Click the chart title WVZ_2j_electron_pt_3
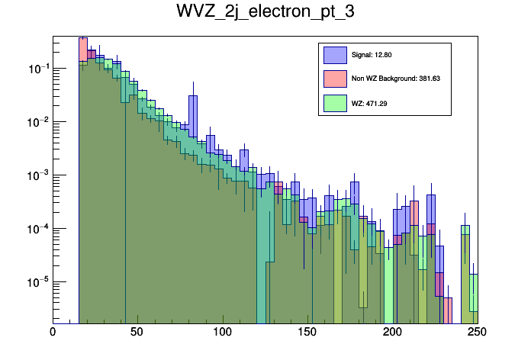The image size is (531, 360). [265, 13]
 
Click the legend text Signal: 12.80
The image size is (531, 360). [372, 55]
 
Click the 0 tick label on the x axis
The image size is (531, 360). [53, 332]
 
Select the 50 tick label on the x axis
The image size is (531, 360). [137, 332]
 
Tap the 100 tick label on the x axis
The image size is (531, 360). [222, 332]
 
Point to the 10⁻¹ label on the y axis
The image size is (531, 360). [37, 69]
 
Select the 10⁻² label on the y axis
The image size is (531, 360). [37, 123]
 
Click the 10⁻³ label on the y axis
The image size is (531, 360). [37, 176]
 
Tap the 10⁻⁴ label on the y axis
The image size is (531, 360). [37, 230]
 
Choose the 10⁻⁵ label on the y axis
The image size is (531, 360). [37, 283]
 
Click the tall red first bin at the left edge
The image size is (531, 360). [83, 46]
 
